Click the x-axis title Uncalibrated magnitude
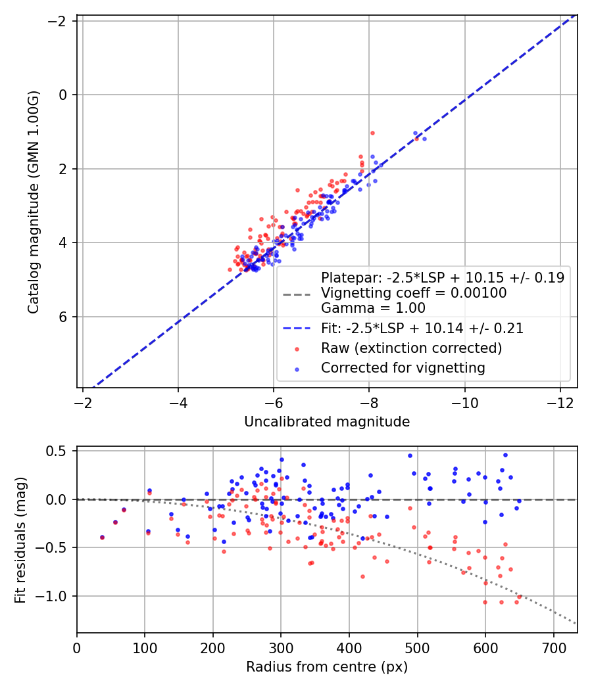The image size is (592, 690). tap(327, 422)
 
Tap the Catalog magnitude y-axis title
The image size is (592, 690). tap(34, 202)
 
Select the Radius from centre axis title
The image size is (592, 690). tap(327, 667)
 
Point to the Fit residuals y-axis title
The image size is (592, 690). tap(20, 540)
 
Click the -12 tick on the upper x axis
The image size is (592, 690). tap(560, 403)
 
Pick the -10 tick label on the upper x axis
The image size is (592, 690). tap(464, 403)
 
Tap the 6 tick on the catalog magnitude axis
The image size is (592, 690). tap(62, 317)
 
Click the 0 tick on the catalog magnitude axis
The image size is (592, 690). tap(62, 95)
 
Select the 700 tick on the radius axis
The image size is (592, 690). tap(553, 648)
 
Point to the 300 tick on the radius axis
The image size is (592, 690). tap(281, 648)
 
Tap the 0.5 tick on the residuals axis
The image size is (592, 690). tap(57, 451)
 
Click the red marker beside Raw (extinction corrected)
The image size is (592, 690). tap(297, 349)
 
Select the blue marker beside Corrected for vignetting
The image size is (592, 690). tap(297, 369)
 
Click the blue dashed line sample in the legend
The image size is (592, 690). tap(297, 329)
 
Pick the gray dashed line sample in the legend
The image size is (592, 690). tap(297, 294)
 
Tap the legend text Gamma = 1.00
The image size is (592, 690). tap(373, 308)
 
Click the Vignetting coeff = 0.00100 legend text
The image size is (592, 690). tap(414, 293)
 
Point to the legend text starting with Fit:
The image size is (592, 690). tap(422, 329)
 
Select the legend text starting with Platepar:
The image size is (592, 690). tap(443, 278)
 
